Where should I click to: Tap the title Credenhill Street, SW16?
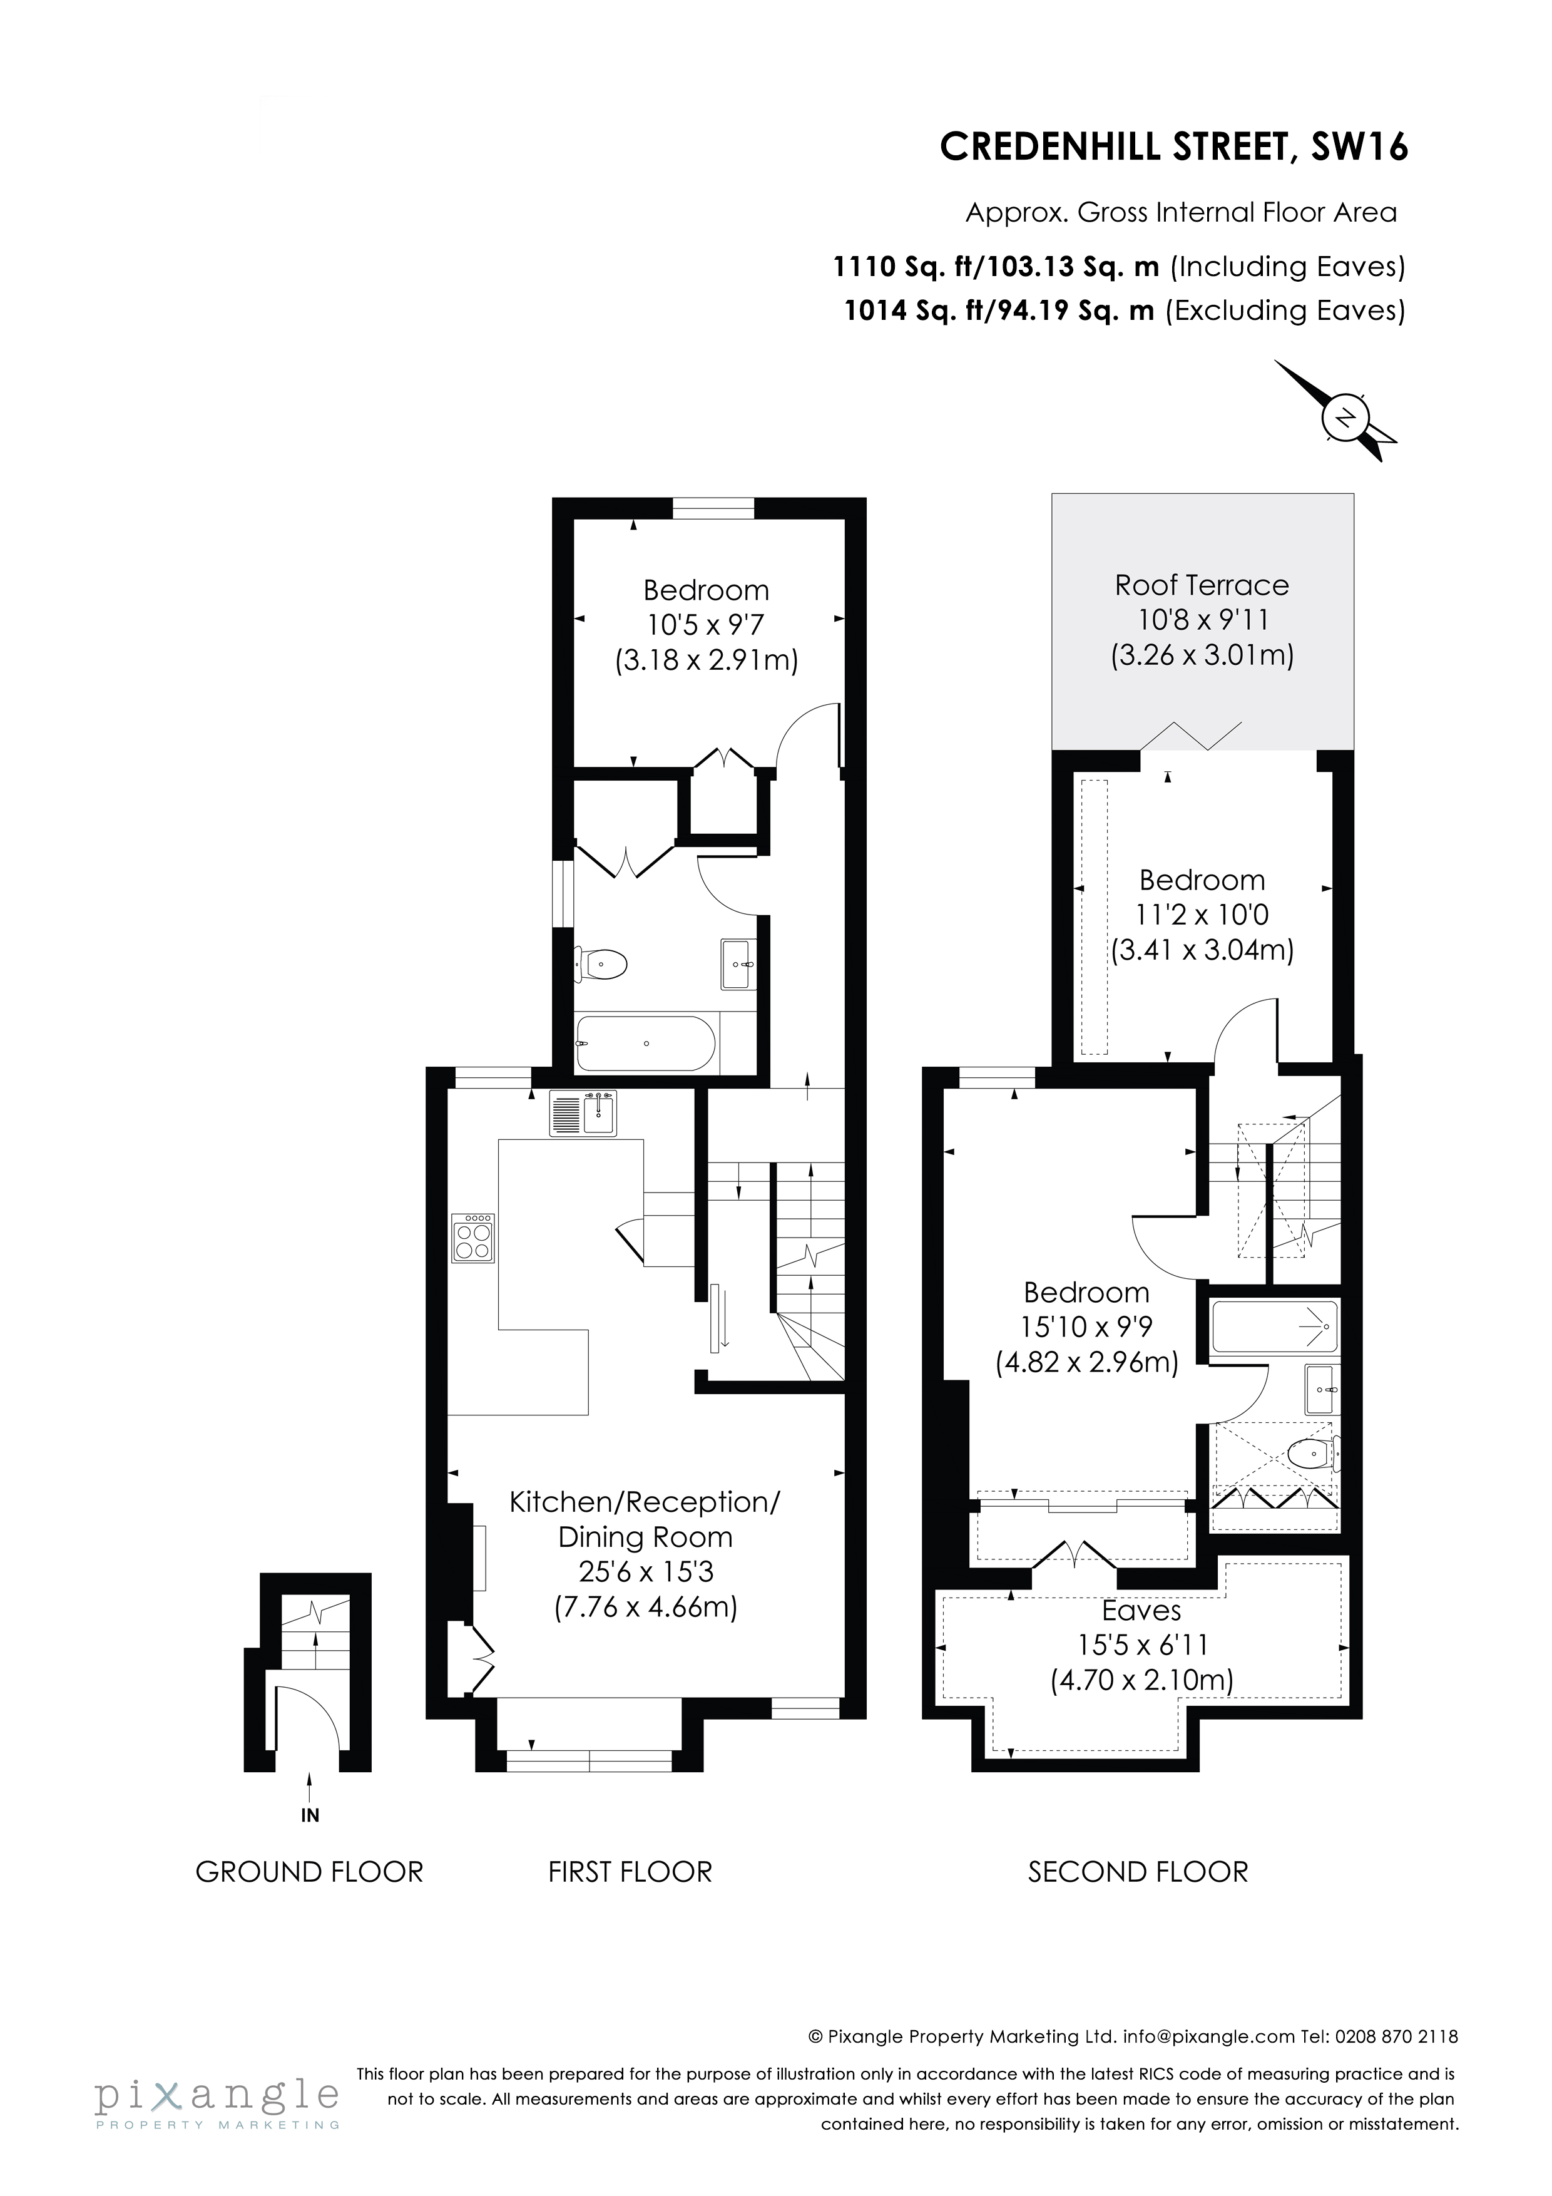tap(1173, 147)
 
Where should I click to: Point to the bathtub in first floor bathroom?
tap(645, 1044)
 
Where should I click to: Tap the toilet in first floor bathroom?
tap(601, 963)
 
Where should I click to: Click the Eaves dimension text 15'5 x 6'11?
tap(1143, 1645)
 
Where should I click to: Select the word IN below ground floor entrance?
tap(310, 1815)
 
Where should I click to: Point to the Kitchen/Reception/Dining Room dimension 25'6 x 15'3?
tap(645, 1571)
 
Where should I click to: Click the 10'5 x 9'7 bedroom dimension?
tap(706, 625)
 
